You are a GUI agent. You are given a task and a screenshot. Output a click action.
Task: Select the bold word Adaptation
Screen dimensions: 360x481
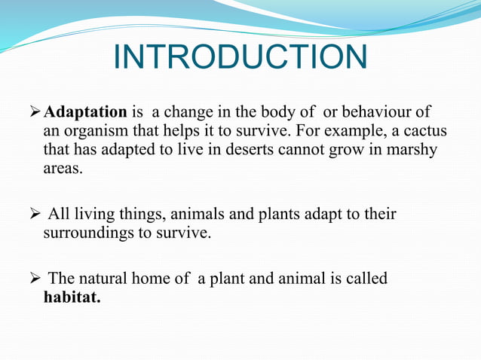tap(86, 113)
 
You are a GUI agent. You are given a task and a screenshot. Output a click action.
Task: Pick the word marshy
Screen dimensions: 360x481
tap(413, 151)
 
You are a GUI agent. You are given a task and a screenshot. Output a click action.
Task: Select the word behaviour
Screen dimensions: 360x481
tap(391, 113)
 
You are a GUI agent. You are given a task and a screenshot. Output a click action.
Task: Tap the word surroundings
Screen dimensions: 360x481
tap(92, 233)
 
